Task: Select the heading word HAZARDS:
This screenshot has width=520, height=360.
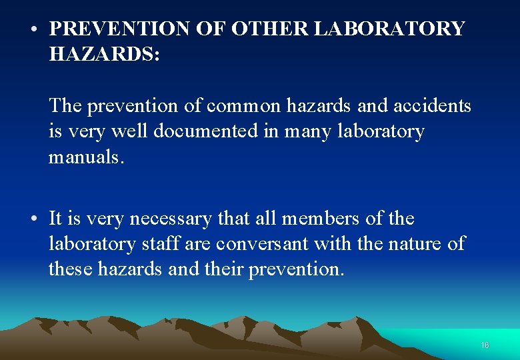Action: tap(105, 55)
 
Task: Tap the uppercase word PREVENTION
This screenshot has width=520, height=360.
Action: tap(120, 29)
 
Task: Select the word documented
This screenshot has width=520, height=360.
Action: tap(209, 131)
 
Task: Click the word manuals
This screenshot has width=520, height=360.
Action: tap(87, 157)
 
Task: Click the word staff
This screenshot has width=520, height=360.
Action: tap(161, 244)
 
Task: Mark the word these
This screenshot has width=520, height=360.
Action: tap(71, 269)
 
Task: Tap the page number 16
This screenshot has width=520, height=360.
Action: tap(485, 345)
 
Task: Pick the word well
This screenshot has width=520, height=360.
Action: tap(129, 131)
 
